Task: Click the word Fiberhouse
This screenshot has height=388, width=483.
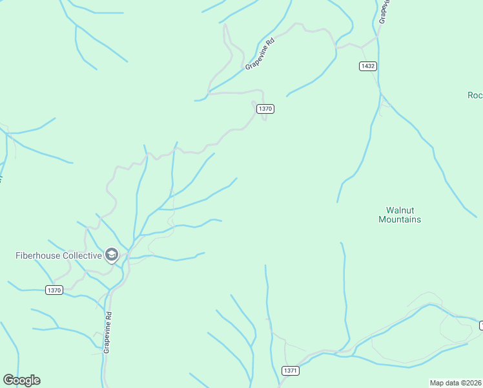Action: point(37,255)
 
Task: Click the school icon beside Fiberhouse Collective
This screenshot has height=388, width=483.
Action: point(112,255)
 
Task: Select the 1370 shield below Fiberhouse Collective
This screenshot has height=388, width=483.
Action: point(54,290)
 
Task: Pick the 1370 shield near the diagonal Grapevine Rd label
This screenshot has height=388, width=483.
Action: point(265,109)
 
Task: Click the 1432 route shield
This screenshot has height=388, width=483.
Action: point(368,66)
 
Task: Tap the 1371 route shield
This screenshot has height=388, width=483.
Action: point(291,370)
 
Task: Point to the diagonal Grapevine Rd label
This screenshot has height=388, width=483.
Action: point(261,53)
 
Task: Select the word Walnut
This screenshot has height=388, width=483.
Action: point(400,210)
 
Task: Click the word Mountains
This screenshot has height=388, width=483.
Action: point(400,220)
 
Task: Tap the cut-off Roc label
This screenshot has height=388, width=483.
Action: point(475,95)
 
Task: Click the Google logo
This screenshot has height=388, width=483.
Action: point(21,380)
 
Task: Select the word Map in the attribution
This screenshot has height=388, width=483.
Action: point(437,383)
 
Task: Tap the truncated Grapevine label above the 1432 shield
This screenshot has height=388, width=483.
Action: point(384,12)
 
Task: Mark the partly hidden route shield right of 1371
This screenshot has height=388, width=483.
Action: point(480,324)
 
